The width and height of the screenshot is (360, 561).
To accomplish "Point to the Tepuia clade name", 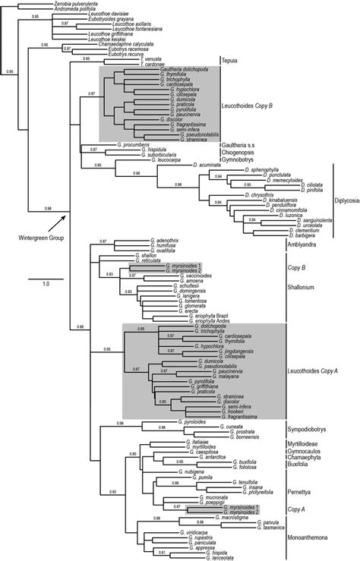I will pos(232,60).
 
